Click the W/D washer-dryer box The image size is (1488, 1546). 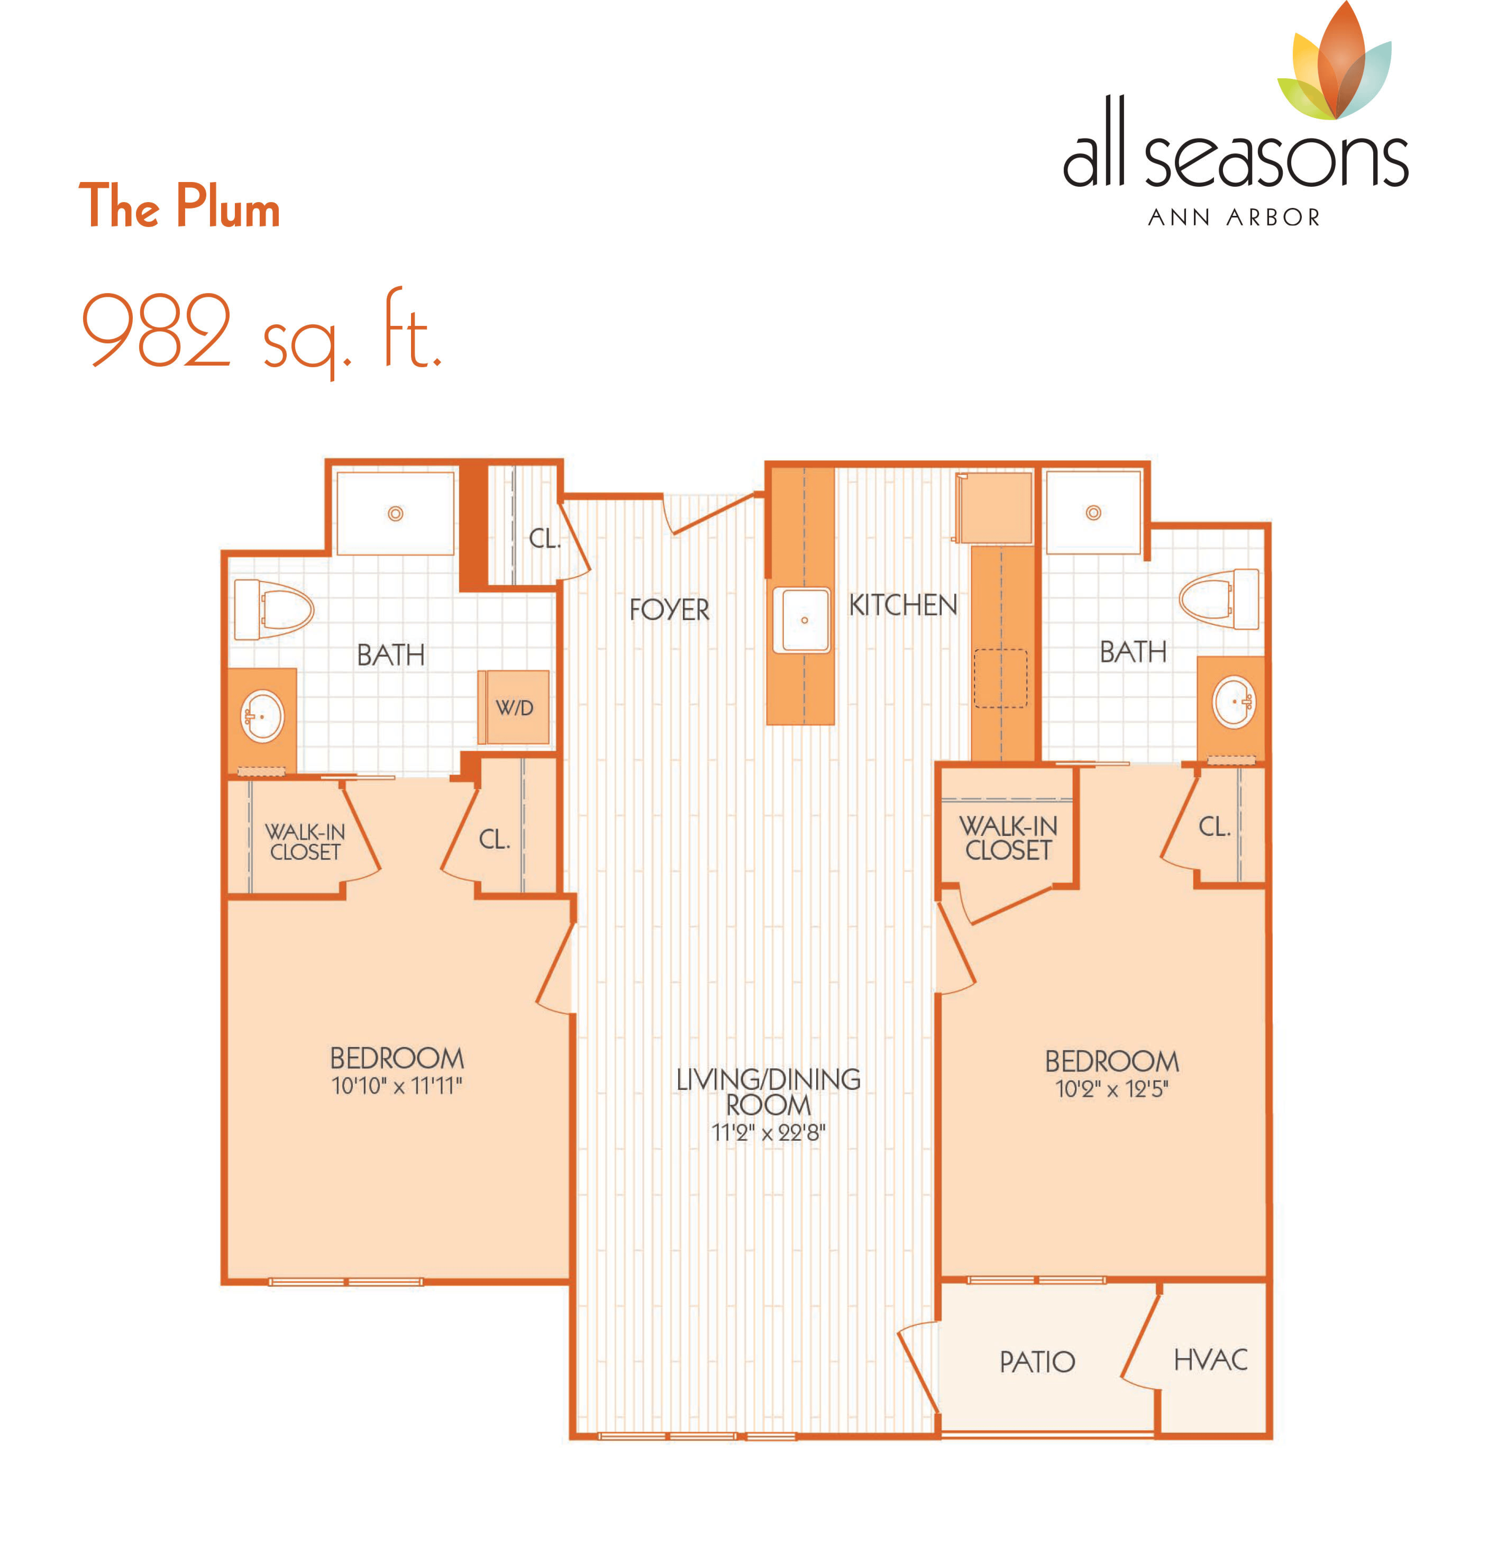coord(513,707)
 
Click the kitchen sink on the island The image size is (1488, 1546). coord(801,620)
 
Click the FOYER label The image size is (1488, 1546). coord(669,610)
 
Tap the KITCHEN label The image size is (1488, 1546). coord(903,605)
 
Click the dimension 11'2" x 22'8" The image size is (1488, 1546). coord(768,1133)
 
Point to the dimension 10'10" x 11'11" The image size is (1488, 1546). coord(397,1086)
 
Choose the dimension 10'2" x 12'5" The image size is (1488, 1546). coord(1112,1089)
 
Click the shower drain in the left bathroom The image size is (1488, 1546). coord(395,513)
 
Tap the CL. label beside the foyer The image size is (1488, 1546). coord(544,539)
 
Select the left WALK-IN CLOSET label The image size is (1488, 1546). coord(305,842)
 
